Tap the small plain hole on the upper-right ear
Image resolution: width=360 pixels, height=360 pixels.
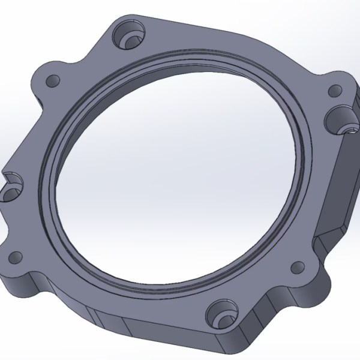(334, 92)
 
